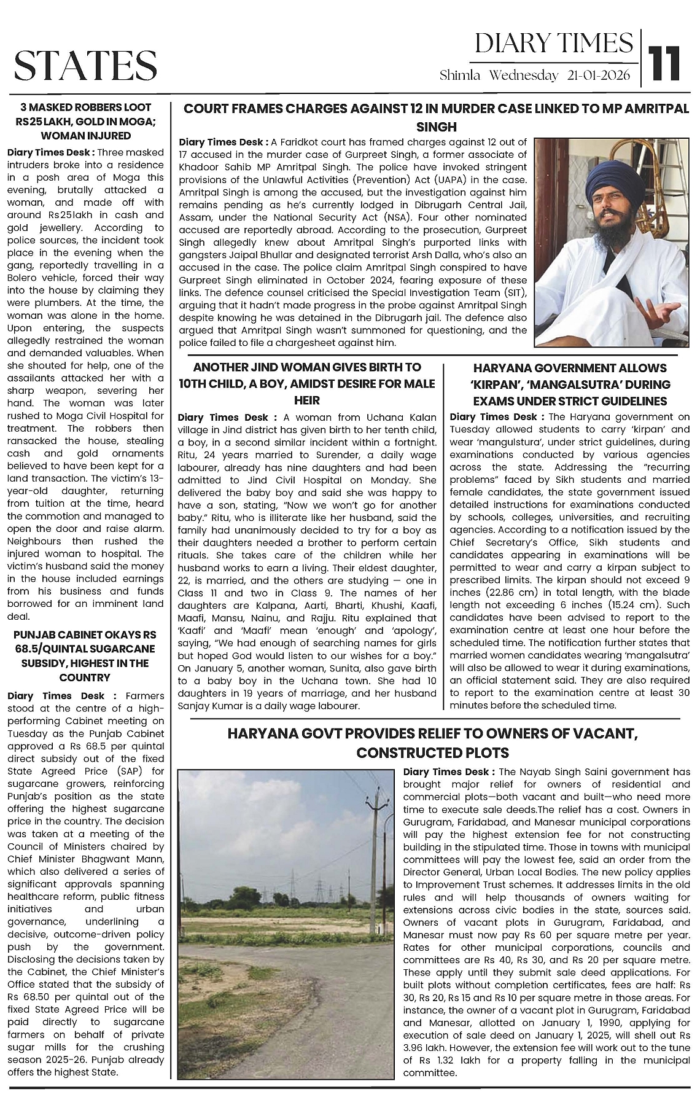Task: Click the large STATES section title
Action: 85,65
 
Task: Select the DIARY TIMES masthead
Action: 553,44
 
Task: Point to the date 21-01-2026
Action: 599,76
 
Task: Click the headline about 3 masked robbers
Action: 86,121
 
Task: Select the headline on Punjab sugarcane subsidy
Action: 86,656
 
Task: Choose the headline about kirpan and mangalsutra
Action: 570,385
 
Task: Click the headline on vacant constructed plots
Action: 432,743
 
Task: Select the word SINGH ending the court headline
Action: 436,127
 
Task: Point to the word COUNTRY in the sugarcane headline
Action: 85,677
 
